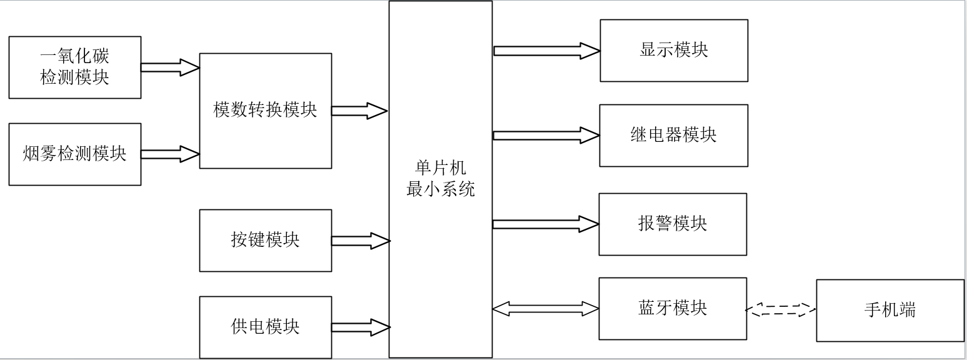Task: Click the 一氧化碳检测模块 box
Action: [74, 67]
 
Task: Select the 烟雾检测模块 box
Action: [74, 154]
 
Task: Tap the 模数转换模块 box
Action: [265, 111]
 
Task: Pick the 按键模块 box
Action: [265, 240]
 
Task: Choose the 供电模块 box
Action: [265, 327]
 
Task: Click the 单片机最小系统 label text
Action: [440, 179]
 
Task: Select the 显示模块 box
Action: [674, 51]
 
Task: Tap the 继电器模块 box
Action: [673, 135]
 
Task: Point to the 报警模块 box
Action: [673, 224]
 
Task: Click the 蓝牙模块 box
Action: [673, 308]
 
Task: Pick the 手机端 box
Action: [890, 310]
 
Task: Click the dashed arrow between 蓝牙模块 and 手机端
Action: [781, 309]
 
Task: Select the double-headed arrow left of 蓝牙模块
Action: [546, 308]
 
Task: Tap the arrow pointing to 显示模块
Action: [546, 51]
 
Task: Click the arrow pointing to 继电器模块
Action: [546, 135]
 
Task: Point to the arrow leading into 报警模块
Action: [546, 224]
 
